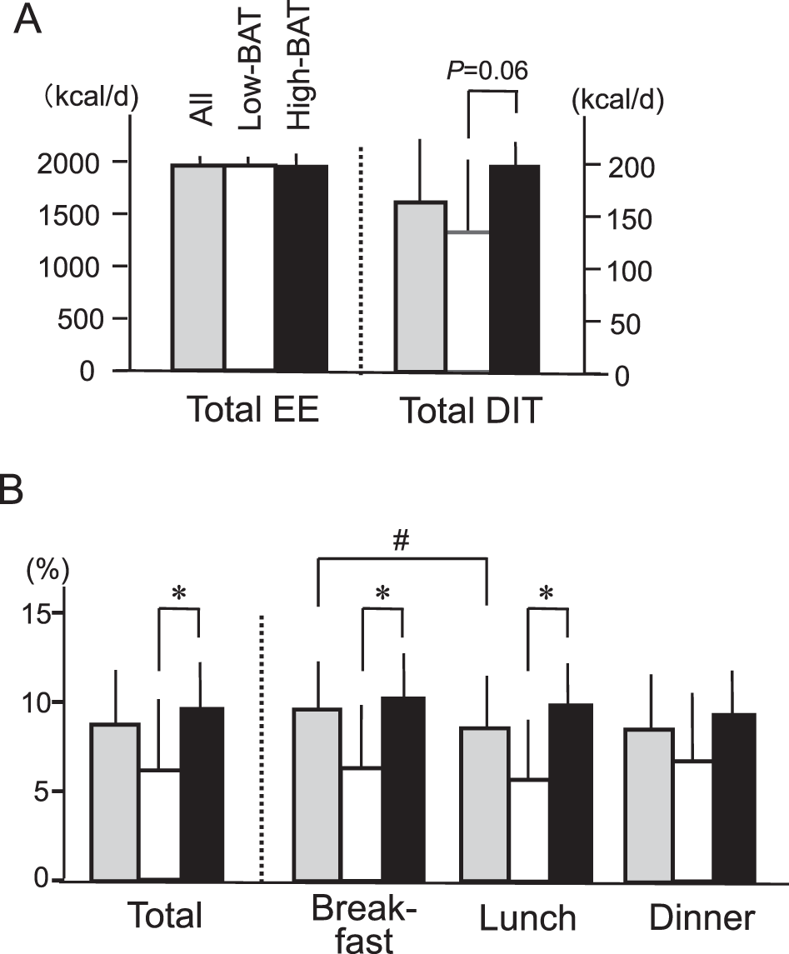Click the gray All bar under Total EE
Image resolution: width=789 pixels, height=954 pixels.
click(x=197, y=267)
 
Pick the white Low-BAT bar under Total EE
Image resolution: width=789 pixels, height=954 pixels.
click(x=249, y=267)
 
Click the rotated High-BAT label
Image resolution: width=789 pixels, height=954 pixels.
click(x=298, y=88)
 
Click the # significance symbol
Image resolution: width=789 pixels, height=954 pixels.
click(x=401, y=541)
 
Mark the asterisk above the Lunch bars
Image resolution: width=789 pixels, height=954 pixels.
click(x=547, y=594)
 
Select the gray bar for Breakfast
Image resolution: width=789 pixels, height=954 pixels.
click(x=317, y=793)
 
